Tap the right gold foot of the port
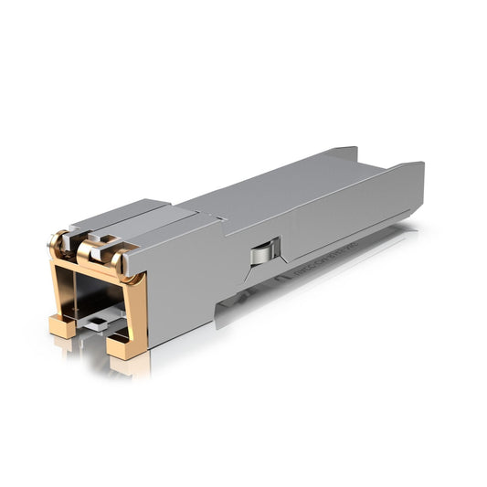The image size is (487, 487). click(x=124, y=345)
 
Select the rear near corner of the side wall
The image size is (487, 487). click(x=420, y=166)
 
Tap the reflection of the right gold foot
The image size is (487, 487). click(x=128, y=365)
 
